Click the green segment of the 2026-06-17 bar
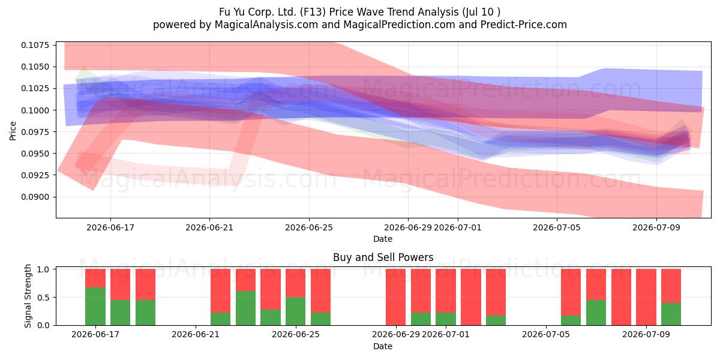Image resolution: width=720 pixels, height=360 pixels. pyautogui.click(x=95, y=306)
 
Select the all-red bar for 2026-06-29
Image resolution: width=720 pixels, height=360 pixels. pyautogui.click(x=395, y=297)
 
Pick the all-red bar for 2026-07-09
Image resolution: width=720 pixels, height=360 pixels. pyautogui.click(x=646, y=297)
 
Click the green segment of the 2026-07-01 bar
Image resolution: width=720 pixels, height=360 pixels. pyautogui.click(x=446, y=319)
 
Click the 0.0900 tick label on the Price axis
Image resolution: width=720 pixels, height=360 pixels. pyautogui.click(x=35, y=197)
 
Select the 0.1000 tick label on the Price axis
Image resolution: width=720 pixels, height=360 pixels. pyautogui.click(x=35, y=110)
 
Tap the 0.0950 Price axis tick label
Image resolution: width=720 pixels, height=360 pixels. pyautogui.click(x=35, y=154)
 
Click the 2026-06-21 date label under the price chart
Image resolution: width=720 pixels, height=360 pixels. pyautogui.click(x=209, y=227)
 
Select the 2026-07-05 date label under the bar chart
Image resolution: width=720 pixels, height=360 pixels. pyautogui.click(x=546, y=334)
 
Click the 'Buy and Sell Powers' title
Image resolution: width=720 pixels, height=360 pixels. pyautogui.click(x=383, y=257)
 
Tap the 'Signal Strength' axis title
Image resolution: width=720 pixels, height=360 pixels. pyautogui.click(x=28, y=296)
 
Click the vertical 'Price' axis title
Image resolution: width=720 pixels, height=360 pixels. pyautogui.click(x=13, y=131)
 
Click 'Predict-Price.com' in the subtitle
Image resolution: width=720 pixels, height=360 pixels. pyautogui.click(x=524, y=25)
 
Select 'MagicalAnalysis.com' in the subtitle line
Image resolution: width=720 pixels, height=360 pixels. pyautogui.click(x=266, y=25)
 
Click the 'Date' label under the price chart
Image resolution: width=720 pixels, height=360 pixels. pyautogui.click(x=383, y=239)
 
